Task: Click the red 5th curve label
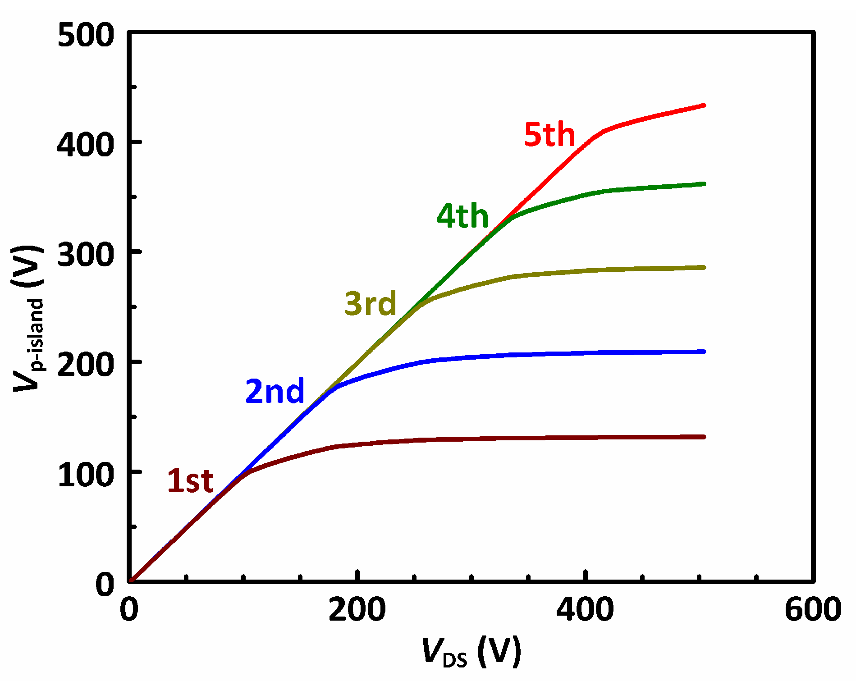click(x=549, y=135)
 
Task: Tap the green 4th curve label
click(x=462, y=216)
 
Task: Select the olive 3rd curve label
click(x=371, y=303)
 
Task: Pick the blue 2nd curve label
click(x=275, y=391)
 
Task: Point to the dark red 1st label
click(x=190, y=480)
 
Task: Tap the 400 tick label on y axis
click(x=86, y=145)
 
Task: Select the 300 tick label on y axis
click(x=86, y=255)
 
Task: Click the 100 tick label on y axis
click(x=86, y=475)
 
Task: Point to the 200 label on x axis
click(x=357, y=609)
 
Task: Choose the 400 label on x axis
click(x=585, y=609)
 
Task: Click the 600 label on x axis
click(x=813, y=609)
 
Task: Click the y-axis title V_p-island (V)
click(x=28, y=318)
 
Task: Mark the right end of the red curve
click(x=704, y=105)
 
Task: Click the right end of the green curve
click(x=704, y=184)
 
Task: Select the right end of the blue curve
click(x=704, y=352)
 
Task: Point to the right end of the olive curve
click(x=704, y=267)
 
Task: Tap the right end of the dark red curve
click(x=704, y=437)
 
